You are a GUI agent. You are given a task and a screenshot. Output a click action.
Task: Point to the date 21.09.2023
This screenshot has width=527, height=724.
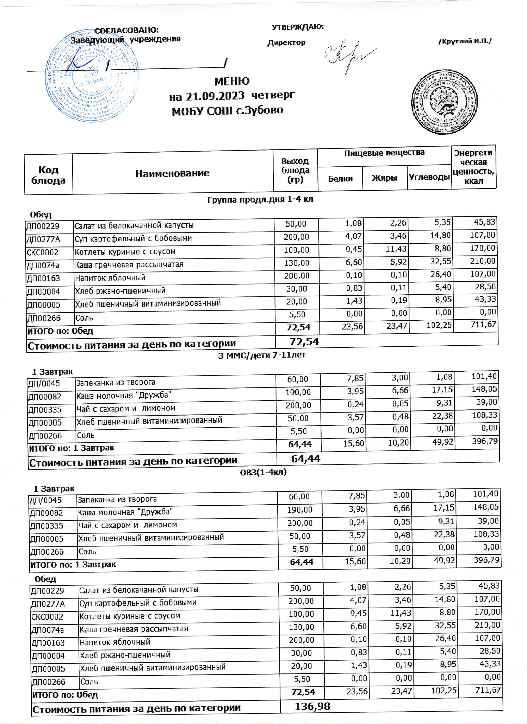click(x=215, y=96)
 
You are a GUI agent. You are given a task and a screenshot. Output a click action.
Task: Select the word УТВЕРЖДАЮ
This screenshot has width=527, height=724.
click(x=297, y=27)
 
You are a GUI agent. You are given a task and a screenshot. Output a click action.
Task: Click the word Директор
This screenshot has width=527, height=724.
click(x=286, y=43)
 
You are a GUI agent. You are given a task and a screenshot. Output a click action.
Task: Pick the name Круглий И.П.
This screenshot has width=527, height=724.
click(x=465, y=41)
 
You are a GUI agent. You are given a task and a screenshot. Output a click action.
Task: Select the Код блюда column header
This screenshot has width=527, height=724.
click(x=48, y=175)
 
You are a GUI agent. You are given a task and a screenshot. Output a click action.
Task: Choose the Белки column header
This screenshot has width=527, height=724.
click(x=340, y=178)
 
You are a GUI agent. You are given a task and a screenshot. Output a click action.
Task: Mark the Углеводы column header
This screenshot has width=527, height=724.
click(x=429, y=177)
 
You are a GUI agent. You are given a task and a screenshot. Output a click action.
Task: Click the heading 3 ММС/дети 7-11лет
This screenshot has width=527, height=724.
click(x=262, y=355)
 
